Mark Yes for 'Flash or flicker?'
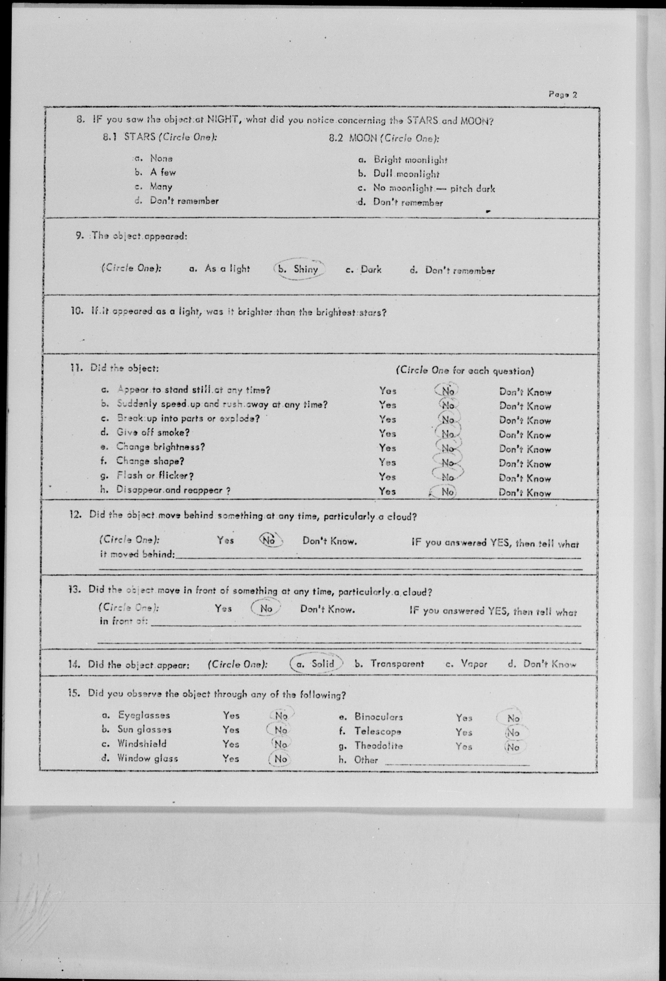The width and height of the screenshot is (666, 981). click(x=387, y=477)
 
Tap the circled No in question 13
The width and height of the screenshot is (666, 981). click(x=266, y=609)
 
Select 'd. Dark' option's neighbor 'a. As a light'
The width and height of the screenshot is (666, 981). click(x=219, y=269)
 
